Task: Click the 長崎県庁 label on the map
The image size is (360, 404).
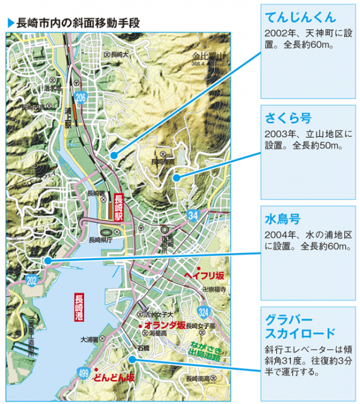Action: pos(99,240)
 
